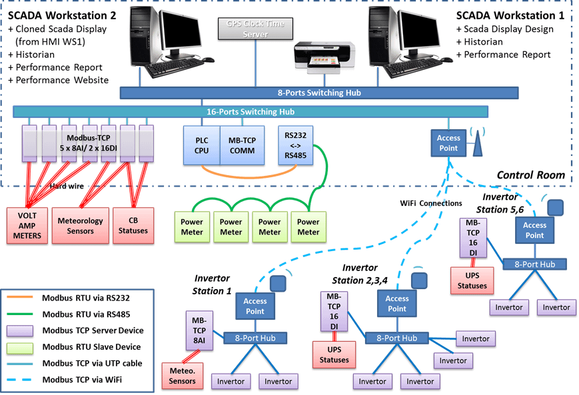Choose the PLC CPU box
pos(201,145)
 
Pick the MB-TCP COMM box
pos(238,145)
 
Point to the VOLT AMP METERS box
pos(28,225)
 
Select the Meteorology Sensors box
pos(81,225)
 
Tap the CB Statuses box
pos(133,225)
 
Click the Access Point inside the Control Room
pos(448,143)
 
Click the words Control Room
pos(530,175)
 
